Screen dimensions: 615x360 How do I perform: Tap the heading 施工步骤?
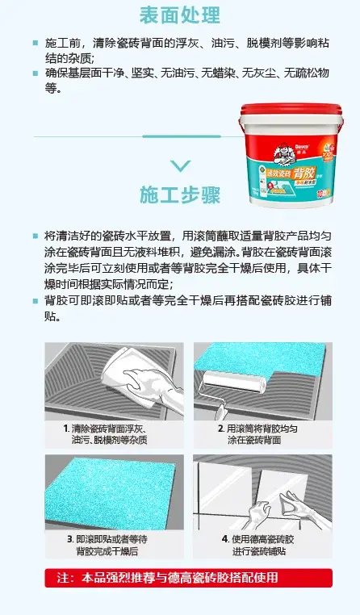click(180, 195)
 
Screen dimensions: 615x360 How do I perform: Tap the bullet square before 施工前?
click(35, 42)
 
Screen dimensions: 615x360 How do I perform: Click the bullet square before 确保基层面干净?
click(35, 73)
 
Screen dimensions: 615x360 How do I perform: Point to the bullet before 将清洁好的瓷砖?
click(35, 236)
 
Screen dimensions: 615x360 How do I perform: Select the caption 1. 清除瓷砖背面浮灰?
click(109, 434)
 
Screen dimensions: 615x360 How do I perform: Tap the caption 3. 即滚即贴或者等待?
click(109, 545)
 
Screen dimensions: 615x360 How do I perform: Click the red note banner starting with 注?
click(179, 578)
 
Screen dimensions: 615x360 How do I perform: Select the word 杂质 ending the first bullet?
click(83, 58)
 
